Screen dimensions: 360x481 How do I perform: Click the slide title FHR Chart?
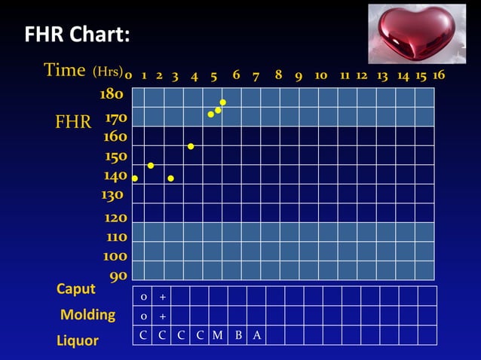click(77, 35)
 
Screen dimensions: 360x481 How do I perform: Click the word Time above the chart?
click(65, 70)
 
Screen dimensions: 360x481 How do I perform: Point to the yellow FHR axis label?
click(73, 122)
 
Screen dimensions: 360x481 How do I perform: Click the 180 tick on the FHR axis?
click(112, 95)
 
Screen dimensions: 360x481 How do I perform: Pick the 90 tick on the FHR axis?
click(118, 276)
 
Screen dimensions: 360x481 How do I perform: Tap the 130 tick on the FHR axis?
click(112, 194)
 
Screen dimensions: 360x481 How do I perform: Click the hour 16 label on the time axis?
click(439, 75)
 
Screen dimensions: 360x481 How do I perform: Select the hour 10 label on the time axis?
click(320, 75)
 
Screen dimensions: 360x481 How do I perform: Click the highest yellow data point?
click(223, 102)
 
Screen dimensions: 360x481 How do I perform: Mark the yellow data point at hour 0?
click(135, 178)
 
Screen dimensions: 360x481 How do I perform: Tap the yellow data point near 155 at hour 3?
click(191, 146)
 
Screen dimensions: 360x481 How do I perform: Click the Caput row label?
click(76, 289)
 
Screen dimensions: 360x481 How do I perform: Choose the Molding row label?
click(87, 315)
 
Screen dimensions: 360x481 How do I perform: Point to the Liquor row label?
click(78, 340)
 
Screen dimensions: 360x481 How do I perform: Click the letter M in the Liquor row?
click(217, 336)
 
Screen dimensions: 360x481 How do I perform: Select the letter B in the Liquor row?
click(238, 336)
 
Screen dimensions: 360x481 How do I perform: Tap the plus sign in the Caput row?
click(162, 297)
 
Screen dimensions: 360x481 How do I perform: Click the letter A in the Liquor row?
click(257, 336)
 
